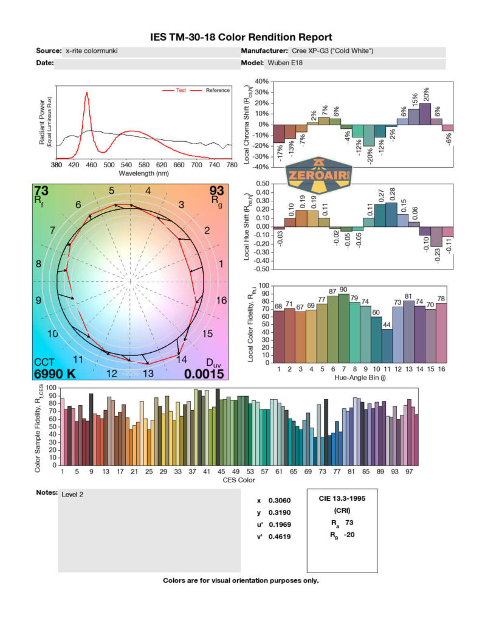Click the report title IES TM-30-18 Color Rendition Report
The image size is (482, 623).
pyautogui.click(x=241, y=38)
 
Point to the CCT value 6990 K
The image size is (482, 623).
pyautogui.click(x=55, y=374)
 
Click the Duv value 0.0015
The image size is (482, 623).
pyautogui.click(x=204, y=374)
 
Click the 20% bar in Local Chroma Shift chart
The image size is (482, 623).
pyautogui.click(x=425, y=114)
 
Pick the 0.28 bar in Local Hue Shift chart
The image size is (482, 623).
pyautogui.click(x=391, y=215)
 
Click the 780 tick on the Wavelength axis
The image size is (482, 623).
pyautogui.click(x=231, y=165)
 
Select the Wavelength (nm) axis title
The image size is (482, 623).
pyautogui.click(x=143, y=173)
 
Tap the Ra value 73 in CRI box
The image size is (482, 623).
pyautogui.click(x=349, y=522)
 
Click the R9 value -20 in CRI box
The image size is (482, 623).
pyautogui.click(x=349, y=535)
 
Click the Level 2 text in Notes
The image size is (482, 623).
pyautogui.click(x=72, y=495)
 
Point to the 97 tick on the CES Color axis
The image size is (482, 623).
pyautogui.click(x=410, y=471)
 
